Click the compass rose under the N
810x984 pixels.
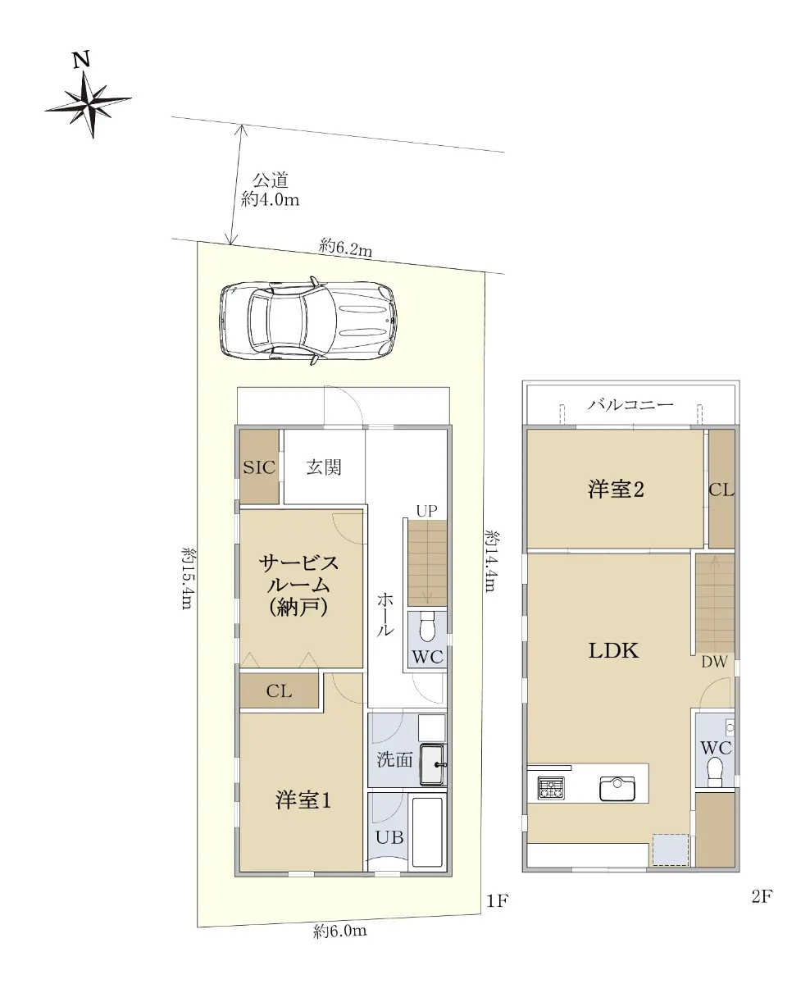click(x=89, y=104)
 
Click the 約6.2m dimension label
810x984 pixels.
click(x=346, y=248)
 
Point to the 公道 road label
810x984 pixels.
click(x=271, y=180)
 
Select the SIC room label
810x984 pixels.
click(x=259, y=467)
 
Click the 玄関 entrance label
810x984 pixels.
click(x=325, y=467)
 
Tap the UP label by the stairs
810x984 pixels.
click(x=426, y=512)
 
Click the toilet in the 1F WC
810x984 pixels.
click(x=427, y=627)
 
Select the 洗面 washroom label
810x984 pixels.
click(x=394, y=760)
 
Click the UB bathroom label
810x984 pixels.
click(x=389, y=837)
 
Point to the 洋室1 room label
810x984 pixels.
click(x=303, y=800)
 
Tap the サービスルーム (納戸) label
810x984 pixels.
click(x=299, y=585)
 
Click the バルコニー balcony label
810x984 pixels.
click(x=630, y=404)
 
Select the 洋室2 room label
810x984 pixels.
click(x=616, y=490)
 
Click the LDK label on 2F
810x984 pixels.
click(x=613, y=650)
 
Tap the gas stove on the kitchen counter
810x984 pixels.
click(x=551, y=788)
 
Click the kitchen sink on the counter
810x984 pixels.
click(x=617, y=789)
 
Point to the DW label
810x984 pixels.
click(x=714, y=662)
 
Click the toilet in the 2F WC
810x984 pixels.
click(x=715, y=772)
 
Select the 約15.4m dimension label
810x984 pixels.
click(x=188, y=579)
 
